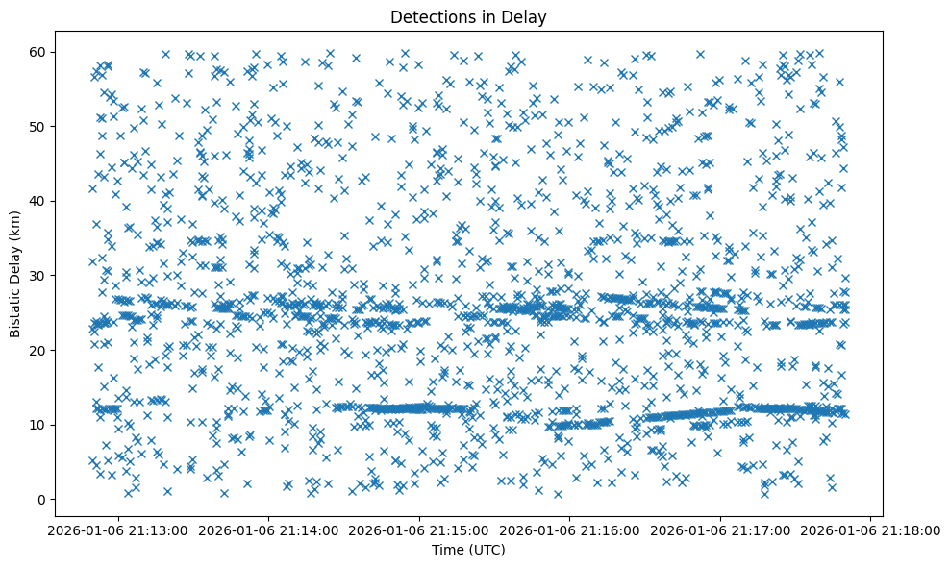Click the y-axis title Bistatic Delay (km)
(15, 274)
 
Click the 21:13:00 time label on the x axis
(118, 530)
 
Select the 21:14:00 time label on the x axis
(269, 530)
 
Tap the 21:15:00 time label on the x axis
(420, 530)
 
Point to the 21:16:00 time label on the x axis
(570, 530)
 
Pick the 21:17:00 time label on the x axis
(721, 530)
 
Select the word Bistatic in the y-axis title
(15, 308)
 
